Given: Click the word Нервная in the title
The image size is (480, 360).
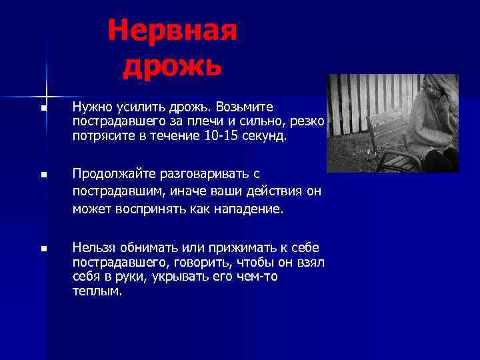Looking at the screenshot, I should (x=172, y=30).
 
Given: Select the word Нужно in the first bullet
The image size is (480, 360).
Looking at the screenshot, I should (x=91, y=107).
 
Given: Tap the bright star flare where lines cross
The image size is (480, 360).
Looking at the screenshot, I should (x=47, y=90).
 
